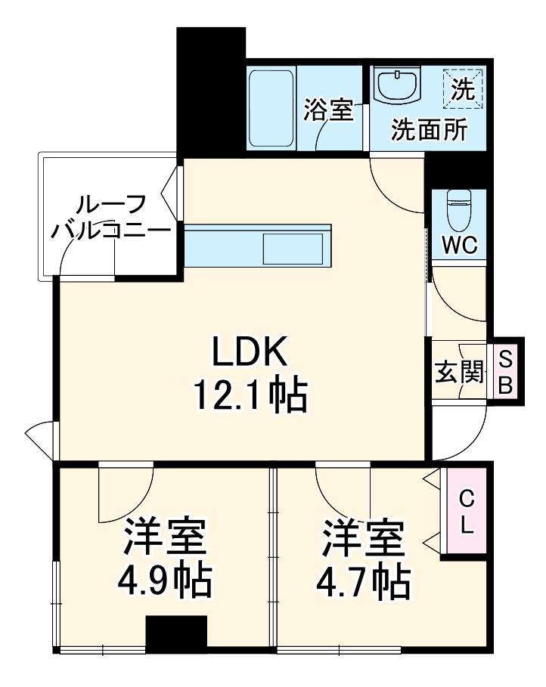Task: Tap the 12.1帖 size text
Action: coord(250,394)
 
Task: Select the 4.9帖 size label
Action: coord(164,580)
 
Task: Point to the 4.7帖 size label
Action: coord(363,580)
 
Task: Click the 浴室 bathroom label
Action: coord(329,110)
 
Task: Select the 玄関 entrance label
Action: coord(458,371)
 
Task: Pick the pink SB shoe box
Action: coord(505,371)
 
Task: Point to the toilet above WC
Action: coord(458,212)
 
